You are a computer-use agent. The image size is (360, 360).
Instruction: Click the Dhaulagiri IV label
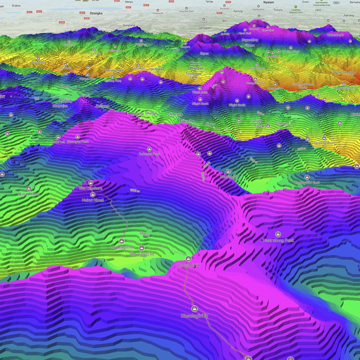click(x=194, y=316)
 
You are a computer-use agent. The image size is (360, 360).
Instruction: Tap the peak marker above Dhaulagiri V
click(x=188, y=259)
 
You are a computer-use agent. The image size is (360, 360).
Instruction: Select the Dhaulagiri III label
click(x=141, y=254)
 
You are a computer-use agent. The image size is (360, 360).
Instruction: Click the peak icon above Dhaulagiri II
click(x=122, y=241)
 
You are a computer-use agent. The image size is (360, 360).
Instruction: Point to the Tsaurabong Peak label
click(x=278, y=240)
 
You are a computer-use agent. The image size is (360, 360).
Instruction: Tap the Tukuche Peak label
click(x=149, y=154)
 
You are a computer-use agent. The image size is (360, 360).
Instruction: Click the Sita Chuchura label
click(x=90, y=188)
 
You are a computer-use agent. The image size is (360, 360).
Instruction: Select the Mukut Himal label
click(x=93, y=200)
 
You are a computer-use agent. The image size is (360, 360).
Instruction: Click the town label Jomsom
click(x=102, y=106)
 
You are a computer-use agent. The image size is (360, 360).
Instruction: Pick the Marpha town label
click(x=137, y=114)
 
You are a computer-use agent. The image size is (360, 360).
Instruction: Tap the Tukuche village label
click(x=187, y=121)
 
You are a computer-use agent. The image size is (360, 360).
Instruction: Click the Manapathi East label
click(x=307, y=183)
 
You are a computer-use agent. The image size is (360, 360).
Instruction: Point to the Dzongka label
click(x=96, y=13)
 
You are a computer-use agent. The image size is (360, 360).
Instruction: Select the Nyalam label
click(x=269, y=2)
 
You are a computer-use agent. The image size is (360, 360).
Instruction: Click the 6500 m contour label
click(x=144, y=234)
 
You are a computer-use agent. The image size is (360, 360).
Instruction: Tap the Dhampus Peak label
click(x=78, y=142)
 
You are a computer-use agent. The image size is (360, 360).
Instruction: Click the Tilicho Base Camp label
click(x=194, y=75)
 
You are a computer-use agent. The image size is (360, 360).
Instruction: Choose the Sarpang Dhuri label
click(x=324, y=143)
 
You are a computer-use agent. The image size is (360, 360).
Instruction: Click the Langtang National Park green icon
click(x=296, y=7)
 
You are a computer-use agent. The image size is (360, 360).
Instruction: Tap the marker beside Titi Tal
click(x=268, y=126)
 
